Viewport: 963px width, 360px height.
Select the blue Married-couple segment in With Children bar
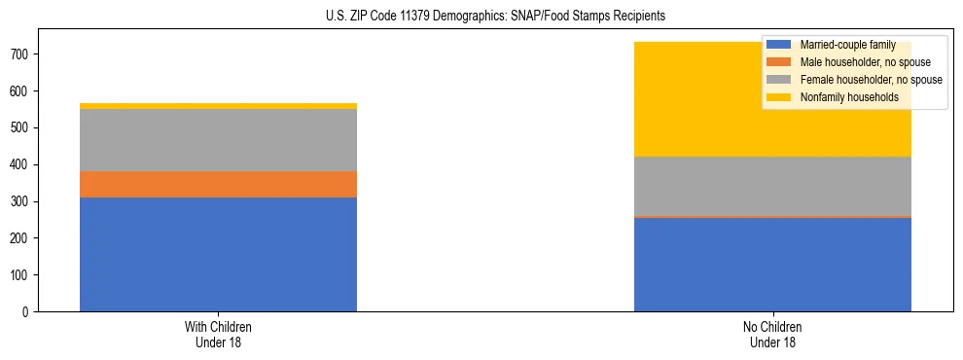coord(218,254)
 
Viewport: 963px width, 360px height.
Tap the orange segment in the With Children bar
coord(218,184)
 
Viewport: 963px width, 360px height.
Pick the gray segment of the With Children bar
coord(218,140)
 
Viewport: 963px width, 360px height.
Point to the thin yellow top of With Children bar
coord(218,106)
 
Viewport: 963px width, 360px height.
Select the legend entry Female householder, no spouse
coord(857,80)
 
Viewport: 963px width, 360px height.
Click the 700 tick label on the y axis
coord(21,54)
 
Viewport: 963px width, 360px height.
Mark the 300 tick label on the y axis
coord(21,201)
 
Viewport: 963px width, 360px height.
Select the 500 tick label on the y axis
coord(21,128)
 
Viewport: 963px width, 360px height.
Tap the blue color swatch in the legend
coord(779,45)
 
